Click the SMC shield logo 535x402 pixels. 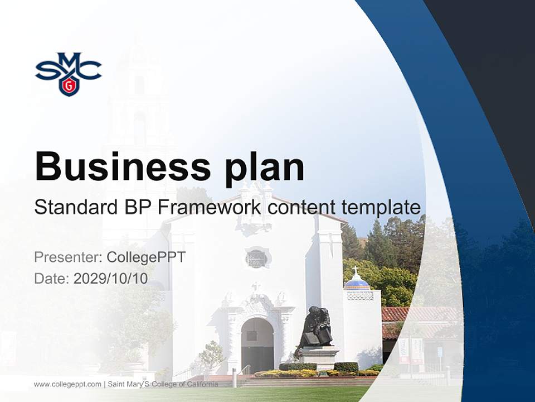click(x=68, y=73)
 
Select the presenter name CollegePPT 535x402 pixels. click(x=146, y=257)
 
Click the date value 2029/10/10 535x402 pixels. click(x=111, y=278)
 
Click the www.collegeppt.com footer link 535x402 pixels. click(x=67, y=384)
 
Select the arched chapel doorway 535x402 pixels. click(x=257, y=343)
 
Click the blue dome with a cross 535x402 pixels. click(x=357, y=282)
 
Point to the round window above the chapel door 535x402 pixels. click(x=256, y=257)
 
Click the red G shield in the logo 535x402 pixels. click(x=68, y=85)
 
